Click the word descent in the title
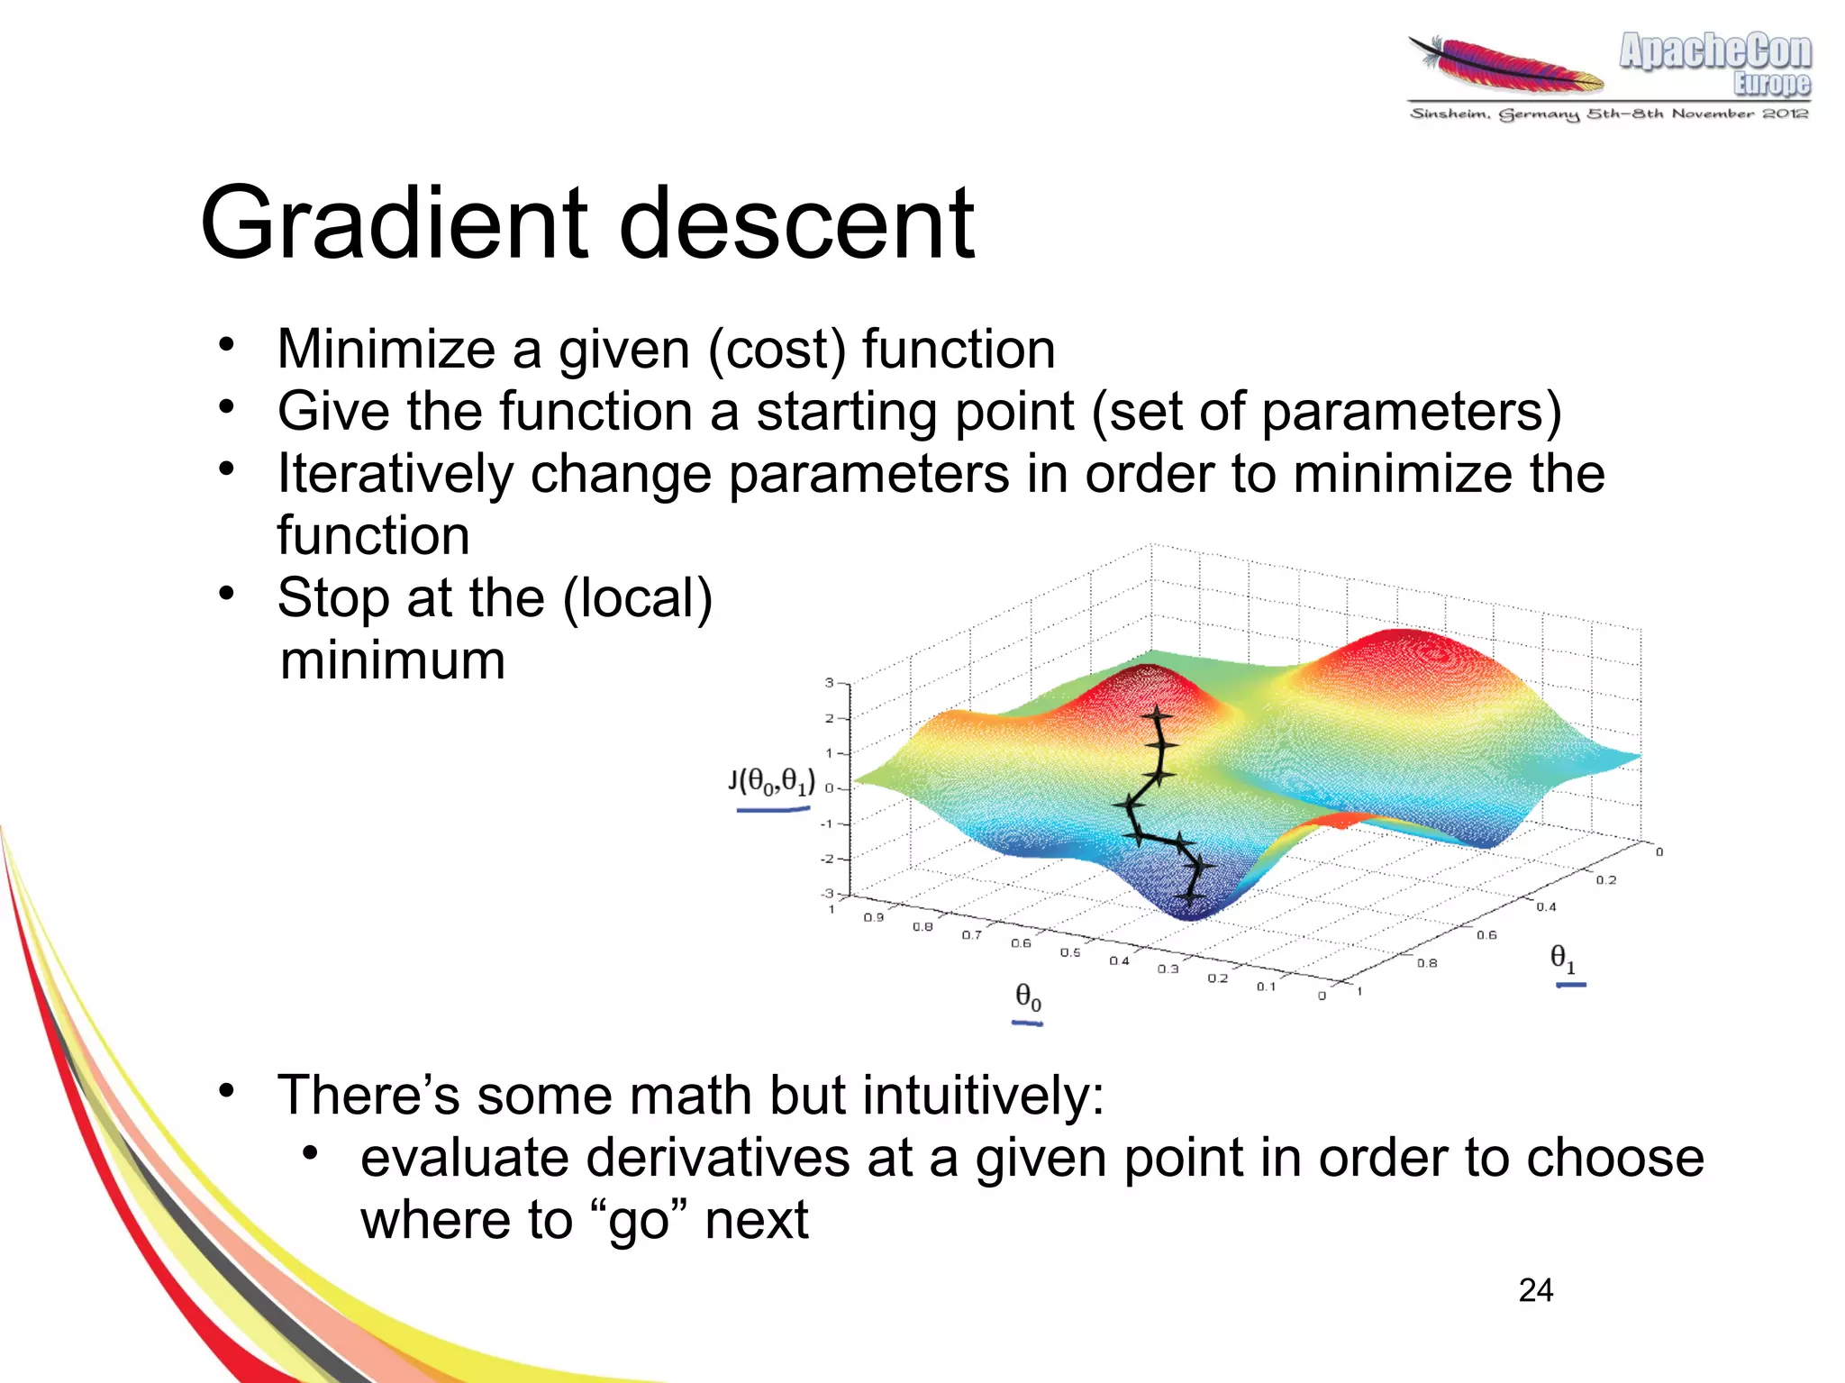796,223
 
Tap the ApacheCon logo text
1714,50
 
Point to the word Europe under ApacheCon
1771,84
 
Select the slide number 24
1535,1290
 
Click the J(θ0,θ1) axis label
772,782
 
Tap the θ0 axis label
1028,996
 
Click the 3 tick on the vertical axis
830,683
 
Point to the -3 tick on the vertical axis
828,894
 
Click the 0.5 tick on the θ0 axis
1069,952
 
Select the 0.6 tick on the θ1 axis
1486,935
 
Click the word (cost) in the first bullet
777,350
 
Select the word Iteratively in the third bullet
395,474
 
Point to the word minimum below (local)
393,660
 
